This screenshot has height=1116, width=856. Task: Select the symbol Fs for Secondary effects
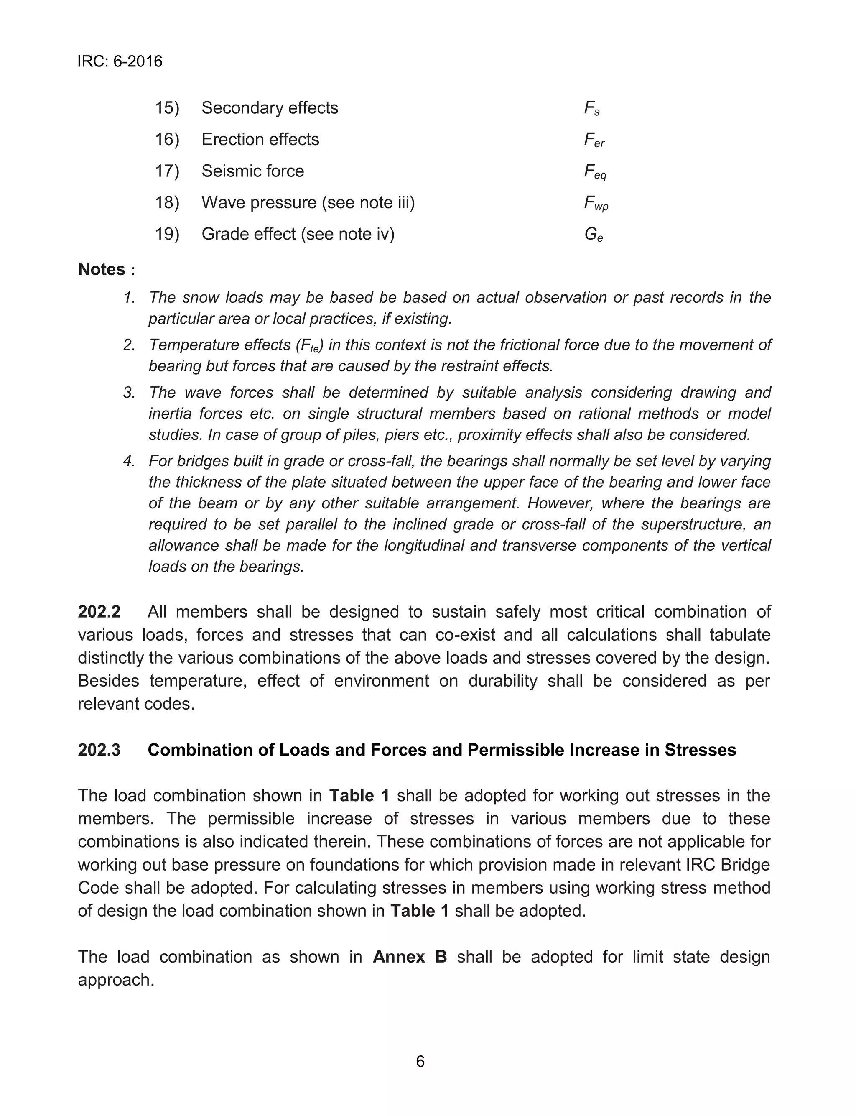coord(591,109)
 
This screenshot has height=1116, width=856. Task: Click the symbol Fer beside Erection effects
coord(594,140)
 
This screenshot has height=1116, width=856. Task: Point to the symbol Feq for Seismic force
coord(595,172)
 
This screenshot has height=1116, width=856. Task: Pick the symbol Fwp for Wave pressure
coord(596,203)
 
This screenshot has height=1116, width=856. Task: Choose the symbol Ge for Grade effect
coord(594,235)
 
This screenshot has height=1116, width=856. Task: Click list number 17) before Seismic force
coord(167,171)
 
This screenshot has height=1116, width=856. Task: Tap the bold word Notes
coord(102,269)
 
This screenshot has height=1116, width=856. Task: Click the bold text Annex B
coord(410,957)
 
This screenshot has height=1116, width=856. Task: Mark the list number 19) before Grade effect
coord(167,235)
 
